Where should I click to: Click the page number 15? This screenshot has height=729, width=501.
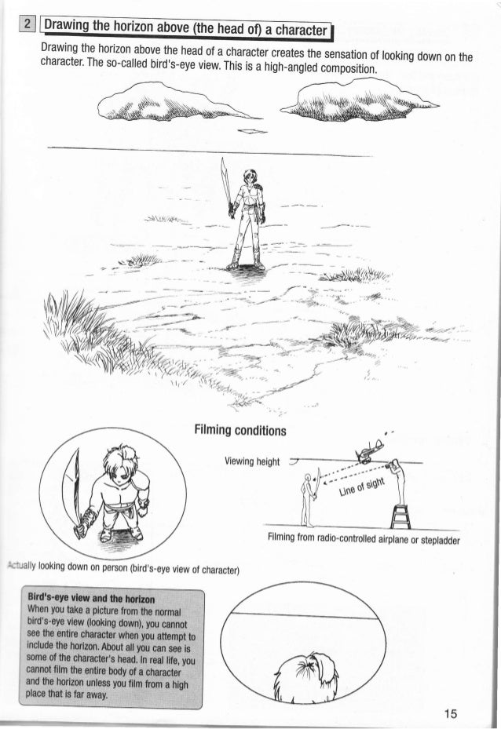click(x=450, y=713)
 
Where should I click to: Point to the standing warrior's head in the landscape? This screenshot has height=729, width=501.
click(x=250, y=179)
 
